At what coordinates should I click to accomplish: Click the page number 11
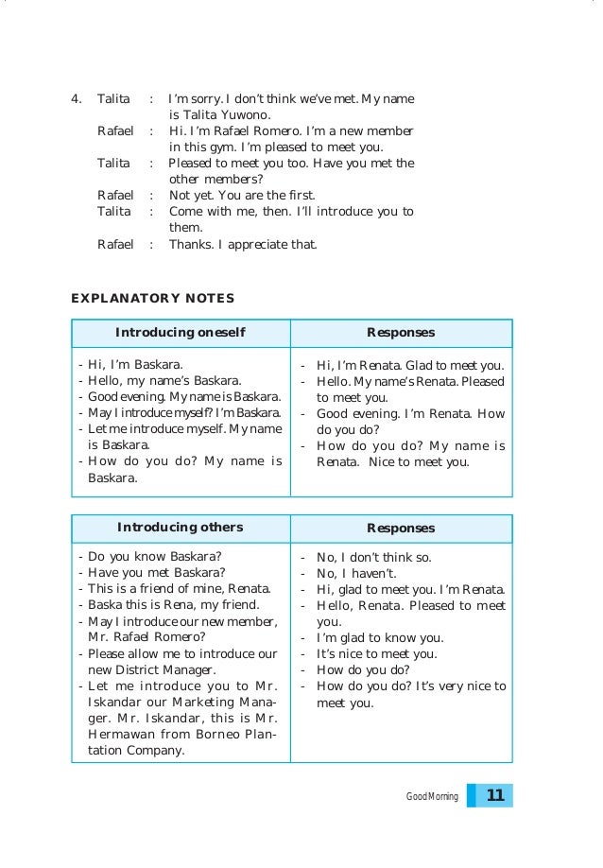494,796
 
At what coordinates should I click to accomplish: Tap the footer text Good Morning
432,797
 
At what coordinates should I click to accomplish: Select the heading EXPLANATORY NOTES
152,298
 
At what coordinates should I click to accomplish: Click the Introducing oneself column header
180,333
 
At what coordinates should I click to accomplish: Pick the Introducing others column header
180,528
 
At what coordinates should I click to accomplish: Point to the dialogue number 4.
76,98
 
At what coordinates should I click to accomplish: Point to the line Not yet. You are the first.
241,196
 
